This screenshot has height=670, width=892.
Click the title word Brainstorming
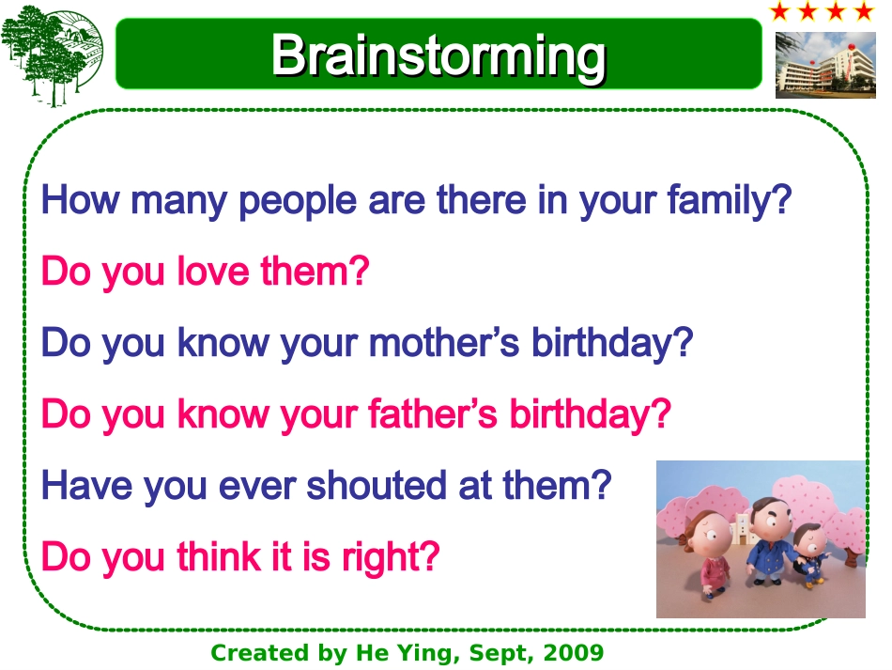click(438, 55)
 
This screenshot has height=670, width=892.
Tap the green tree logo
click(52, 55)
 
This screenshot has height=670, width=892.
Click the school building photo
click(825, 65)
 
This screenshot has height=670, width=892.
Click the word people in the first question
click(298, 201)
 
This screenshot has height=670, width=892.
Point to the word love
click(213, 271)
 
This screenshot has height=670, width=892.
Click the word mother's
click(444, 342)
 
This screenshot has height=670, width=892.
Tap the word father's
click(432, 413)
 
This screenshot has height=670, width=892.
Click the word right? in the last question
click(391, 556)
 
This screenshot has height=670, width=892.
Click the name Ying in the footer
click(428, 653)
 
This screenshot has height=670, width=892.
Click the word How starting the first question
click(80, 200)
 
